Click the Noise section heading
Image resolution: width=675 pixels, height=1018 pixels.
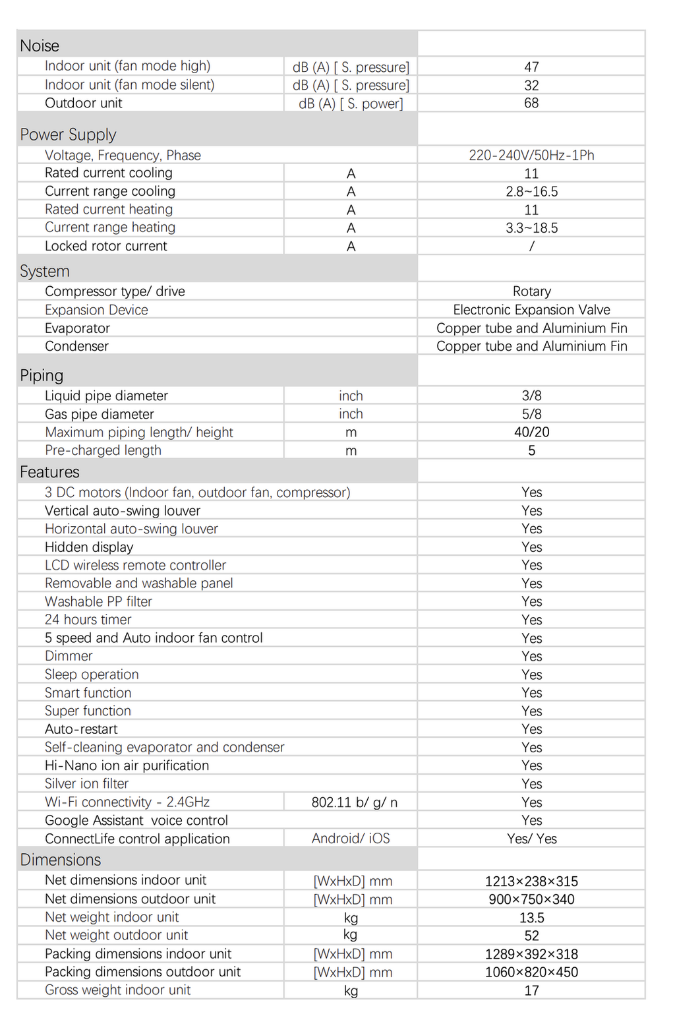[40, 45]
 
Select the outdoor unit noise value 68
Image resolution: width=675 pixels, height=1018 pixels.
[531, 103]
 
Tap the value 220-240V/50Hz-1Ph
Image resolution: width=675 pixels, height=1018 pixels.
[531, 155]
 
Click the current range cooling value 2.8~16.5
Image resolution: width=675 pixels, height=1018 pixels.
[531, 191]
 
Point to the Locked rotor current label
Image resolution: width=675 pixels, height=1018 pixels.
[105, 246]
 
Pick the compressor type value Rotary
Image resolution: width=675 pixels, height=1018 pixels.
[531, 291]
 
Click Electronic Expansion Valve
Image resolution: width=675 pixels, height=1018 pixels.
[531, 310]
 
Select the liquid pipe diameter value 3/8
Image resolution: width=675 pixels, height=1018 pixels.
[531, 396]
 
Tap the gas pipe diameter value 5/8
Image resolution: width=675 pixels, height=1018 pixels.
[531, 414]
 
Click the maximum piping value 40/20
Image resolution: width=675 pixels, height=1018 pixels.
[531, 432]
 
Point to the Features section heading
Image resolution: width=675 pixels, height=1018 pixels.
[49, 472]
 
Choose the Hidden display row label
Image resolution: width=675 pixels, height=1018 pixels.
[89, 547]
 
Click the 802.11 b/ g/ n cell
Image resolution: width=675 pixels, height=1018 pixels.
[354, 802]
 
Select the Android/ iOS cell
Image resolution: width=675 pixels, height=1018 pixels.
[351, 839]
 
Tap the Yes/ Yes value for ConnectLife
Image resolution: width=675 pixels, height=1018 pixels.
[531, 839]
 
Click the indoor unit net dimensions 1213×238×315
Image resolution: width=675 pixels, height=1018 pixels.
[531, 882]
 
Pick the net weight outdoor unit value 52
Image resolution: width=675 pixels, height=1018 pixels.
[531, 936]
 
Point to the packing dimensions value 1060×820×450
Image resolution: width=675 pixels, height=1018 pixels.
[531, 972]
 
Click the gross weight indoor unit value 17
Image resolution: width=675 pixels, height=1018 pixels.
[531, 990]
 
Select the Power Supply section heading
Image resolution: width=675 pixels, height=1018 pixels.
[68, 135]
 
